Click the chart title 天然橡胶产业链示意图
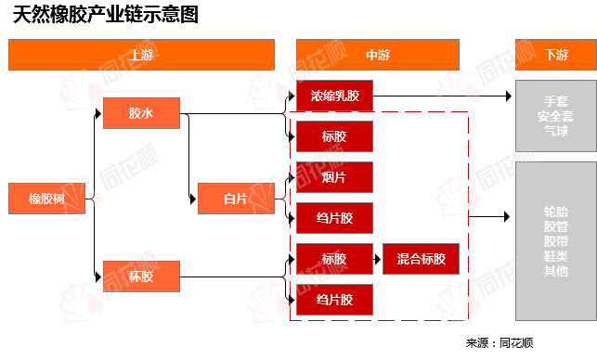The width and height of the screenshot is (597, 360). click(x=106, y=15)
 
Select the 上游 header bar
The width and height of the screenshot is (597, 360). click(x=141, y=55)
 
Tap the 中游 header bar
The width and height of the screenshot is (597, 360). click(x=378, y=55)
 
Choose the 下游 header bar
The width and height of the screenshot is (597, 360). click(x=556, y=55)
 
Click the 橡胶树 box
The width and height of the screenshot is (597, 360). click(x=46, y=199)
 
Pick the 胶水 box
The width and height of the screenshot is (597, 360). click(x=141, y=113)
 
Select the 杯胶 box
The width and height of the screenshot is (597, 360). click(x=141, y=276)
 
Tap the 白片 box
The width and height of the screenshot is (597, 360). click(x=236, y=199)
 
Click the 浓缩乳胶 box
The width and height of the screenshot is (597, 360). click(x=334, y=96)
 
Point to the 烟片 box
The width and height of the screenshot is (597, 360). click(x=334, y=177)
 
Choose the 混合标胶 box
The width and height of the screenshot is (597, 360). click(x=422, y=259)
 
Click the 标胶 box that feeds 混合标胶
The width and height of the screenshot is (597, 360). click(x=334, y=259)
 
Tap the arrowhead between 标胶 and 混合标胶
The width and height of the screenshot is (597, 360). click(x=378, y=259)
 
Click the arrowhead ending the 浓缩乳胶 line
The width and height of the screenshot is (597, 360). click(x=509, y=96)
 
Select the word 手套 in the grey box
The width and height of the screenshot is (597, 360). click(x=556, y=101)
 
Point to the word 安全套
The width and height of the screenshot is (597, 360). click(x=556, y=116)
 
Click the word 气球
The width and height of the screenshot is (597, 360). click(x=556, y=131)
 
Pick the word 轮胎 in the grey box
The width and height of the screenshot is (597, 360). click(x=556, y=212)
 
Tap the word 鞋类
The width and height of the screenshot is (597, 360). click(x=556, y=256)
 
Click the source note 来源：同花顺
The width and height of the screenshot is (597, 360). click(x=500, y=343)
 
